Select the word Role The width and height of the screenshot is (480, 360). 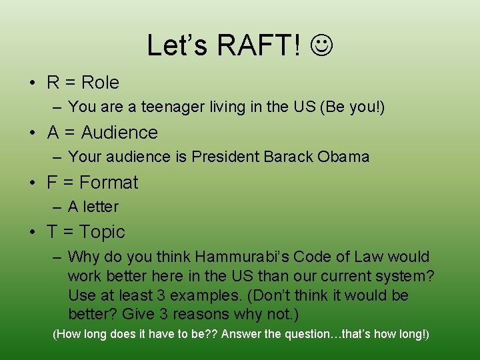100,83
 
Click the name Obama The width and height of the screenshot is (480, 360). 343,157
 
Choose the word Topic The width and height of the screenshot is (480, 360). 102,232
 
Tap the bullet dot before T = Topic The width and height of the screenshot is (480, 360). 32,232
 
